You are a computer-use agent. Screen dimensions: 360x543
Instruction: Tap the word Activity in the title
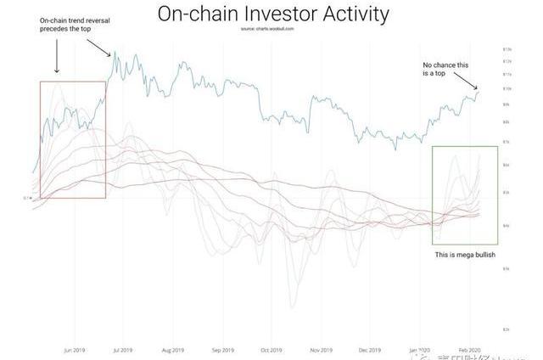click(347, 14)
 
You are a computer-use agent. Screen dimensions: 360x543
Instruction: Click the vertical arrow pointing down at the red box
click(56, 55)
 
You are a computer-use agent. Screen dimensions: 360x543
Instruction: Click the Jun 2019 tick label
click(73, 350)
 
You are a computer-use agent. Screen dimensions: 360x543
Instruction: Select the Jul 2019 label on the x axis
click(121, 350)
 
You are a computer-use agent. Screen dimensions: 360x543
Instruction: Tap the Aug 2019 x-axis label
click(172, 350)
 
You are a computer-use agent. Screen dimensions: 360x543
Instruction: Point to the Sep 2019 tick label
click(222, 350)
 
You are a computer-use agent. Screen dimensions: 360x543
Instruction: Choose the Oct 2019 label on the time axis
click(271, 350)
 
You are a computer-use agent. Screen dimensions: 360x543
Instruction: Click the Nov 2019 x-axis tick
click(322, 350)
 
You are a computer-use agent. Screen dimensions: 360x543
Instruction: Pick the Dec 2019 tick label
click(370, 350)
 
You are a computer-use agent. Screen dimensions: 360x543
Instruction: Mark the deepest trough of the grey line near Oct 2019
click(292, 307)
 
